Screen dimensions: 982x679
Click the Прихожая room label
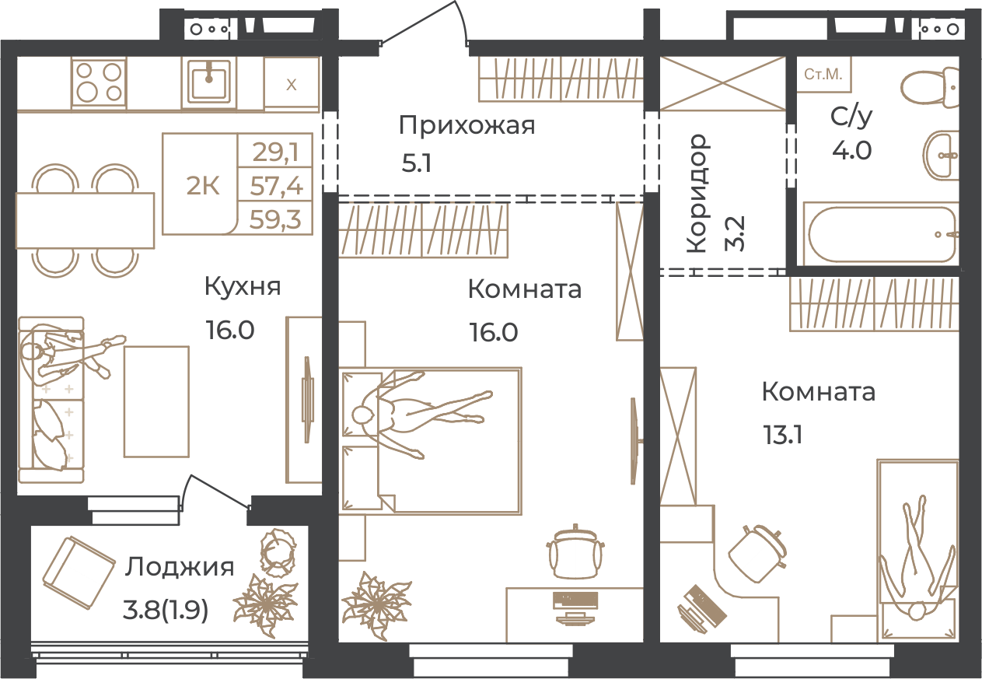pyautogui.click(x=467, y=126)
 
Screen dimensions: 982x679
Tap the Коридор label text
pyautogui.click(x=697, y=194)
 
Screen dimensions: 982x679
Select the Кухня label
pyautogui.click(x=243, y=287)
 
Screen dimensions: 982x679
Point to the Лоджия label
pyautogui.click(x=180, y=568)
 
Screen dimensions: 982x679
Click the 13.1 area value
pyautogui.click(x=784, y=436)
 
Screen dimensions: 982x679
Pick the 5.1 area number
pyautogui.click(x=417, y=163)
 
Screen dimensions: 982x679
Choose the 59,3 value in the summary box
pyautogui.click(x=276, y=219)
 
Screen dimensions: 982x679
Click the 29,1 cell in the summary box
pyautogui.click(x=276, y=152)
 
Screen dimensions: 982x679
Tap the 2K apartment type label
pyautogui.click(x=202, y=187)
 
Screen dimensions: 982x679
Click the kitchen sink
pyautogui.click(x=209, y=82)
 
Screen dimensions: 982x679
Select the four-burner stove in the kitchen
pyautogui.click(x=99, y=82)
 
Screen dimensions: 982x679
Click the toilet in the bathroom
pyautogui.click(x=929, y=88)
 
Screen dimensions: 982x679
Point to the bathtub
pyautogui.click(x=881, y=234)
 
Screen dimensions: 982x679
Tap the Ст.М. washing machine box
pyautogui.click(x=823, y=75)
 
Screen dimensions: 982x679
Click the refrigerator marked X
pyautogui.click(x=292, y=83)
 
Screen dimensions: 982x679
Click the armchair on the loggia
pyautogui.click(x=79, y=573)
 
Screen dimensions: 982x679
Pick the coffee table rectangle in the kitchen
pyautogui.click(x=156, y=401)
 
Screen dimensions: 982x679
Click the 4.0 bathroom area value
pyautogui.click(x=852, y=150)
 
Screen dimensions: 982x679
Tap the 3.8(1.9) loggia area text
pyautogui.click(x=166, y=611)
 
